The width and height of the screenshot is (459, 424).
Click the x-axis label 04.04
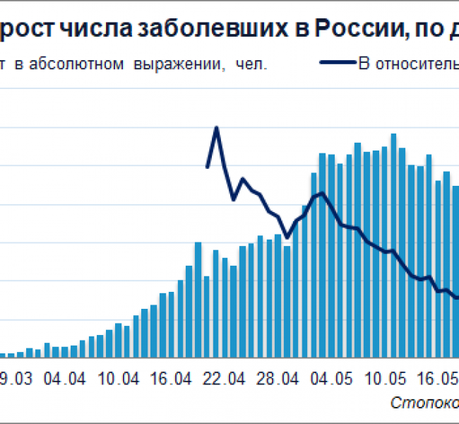64,378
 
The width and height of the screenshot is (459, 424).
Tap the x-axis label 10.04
118,378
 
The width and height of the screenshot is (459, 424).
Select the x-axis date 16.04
171,378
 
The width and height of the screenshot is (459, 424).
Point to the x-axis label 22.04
225,378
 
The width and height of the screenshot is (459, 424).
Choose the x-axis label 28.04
278,378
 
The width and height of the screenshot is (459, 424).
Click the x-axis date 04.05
331,378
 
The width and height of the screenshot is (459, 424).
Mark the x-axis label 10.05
385,378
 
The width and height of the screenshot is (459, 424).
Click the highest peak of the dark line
216,128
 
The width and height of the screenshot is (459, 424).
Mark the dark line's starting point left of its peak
207,167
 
